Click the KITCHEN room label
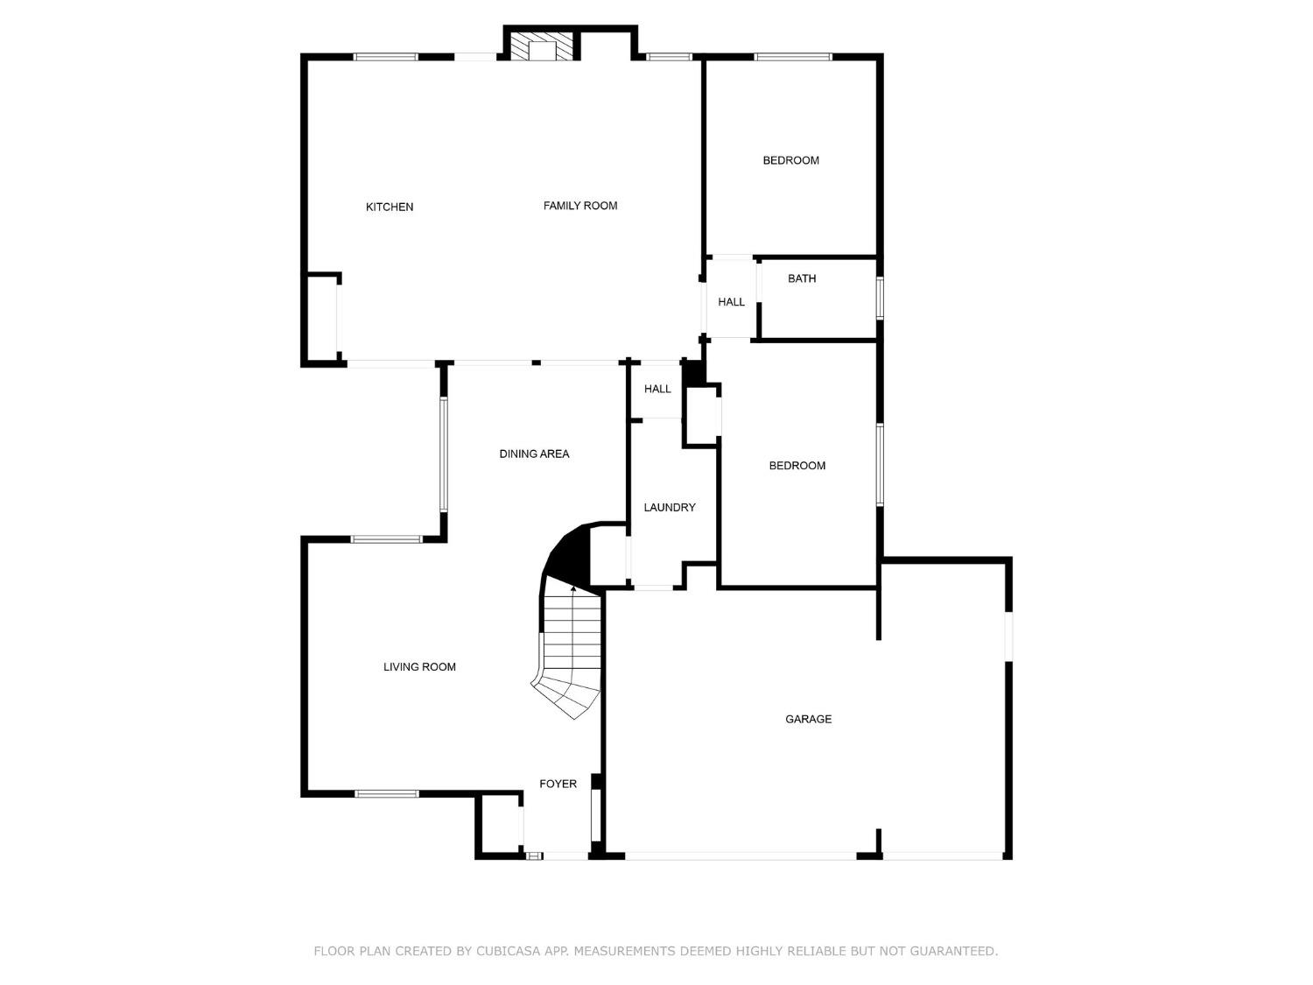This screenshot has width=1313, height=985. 390,208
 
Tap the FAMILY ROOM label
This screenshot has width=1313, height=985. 580,206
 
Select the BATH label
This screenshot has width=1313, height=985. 802,278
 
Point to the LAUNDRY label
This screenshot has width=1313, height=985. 670,508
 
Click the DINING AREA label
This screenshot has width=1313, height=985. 534,454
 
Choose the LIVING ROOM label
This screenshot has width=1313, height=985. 419,667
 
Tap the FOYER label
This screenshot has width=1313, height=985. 558,784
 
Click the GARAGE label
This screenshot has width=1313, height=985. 808,719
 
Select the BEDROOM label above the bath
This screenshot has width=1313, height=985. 790,160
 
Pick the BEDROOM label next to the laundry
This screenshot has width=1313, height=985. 797,466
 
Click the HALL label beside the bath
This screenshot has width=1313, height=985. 731,302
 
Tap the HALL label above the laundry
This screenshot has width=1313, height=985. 657,389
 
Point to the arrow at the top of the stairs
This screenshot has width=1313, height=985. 573,589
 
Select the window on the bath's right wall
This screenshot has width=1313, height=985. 880,298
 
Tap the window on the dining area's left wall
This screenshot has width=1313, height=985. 444,454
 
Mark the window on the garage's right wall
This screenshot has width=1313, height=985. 1008,636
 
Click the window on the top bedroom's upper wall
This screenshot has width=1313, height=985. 793,58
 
